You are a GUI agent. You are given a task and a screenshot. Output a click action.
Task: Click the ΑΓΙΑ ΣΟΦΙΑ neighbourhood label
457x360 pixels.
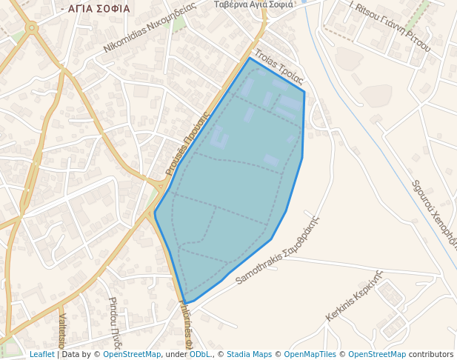tap(97, 9)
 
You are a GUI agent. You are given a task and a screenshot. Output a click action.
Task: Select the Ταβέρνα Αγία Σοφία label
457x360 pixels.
tap(253, 4)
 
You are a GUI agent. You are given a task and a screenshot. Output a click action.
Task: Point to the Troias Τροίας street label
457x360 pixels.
tap(278, 66)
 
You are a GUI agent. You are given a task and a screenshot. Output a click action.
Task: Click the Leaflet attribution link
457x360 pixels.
tap(41, 354)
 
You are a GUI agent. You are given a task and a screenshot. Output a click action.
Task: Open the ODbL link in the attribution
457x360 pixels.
tap(200, 354)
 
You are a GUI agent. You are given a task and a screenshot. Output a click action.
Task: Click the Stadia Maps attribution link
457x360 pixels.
tap(249, 354)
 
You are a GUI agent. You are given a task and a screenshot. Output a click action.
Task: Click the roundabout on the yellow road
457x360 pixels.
tap(31, 29)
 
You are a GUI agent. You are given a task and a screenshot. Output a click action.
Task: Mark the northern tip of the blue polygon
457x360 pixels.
tap(250, 59)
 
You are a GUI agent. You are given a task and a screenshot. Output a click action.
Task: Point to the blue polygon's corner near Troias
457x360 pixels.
tap(304, 92)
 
